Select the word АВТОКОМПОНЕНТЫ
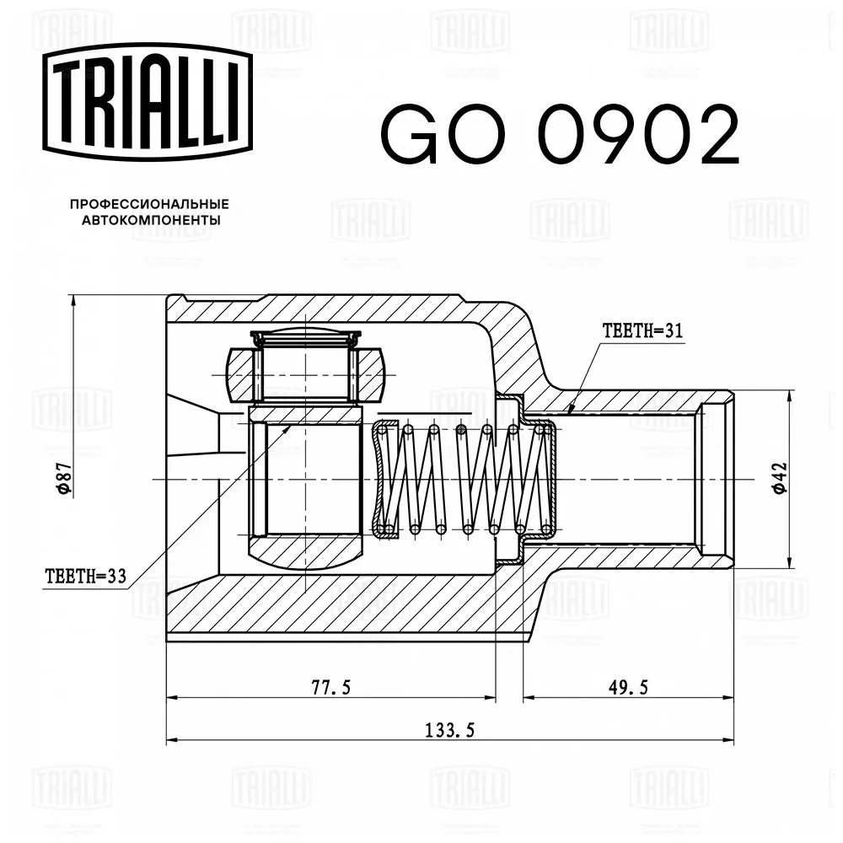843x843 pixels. [x=151, y=221]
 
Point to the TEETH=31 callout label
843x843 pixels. [x=642, y=330]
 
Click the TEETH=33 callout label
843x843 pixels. [x=85, y=577]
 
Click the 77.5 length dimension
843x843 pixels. [x=330, y=687]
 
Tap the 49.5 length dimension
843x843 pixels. [x=627, y=687]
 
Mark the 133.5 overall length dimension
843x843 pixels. [x=448, y=730]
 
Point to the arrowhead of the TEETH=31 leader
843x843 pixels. [x=569, y=414]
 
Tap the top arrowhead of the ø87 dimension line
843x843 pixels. [x=74, y=299]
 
